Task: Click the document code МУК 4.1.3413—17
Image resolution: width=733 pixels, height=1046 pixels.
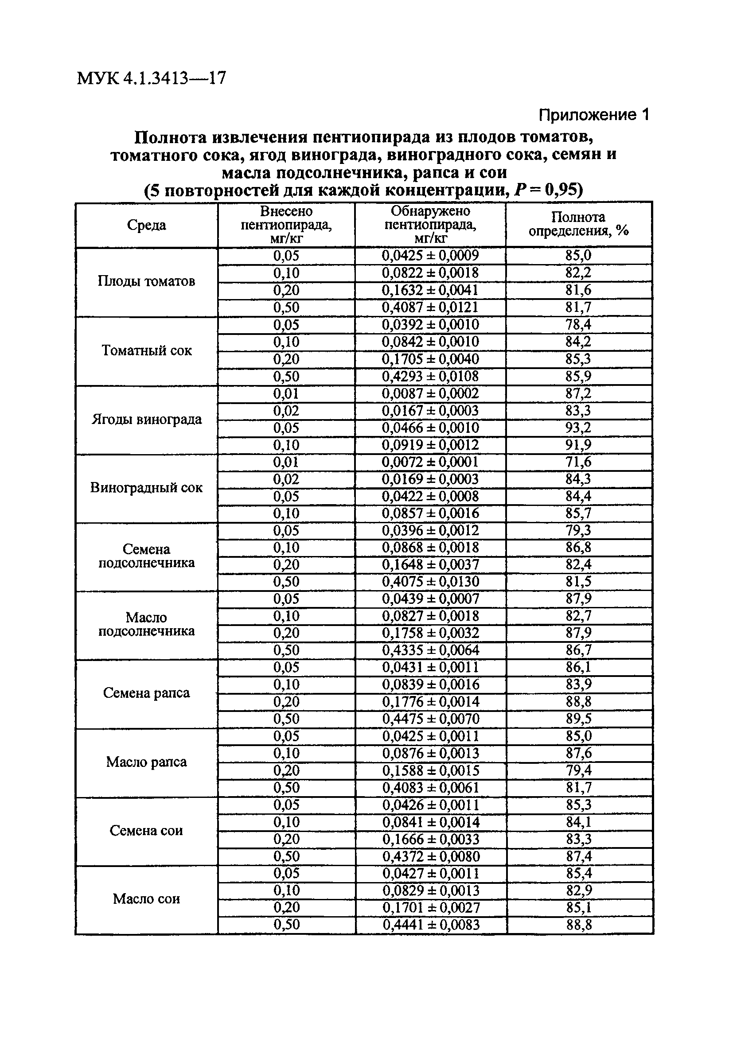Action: [151, 78]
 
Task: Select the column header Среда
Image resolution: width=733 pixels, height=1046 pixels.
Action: [146, 225]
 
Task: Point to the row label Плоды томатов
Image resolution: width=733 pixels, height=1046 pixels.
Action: [146, 281]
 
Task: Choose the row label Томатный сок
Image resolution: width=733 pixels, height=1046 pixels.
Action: [146, 351]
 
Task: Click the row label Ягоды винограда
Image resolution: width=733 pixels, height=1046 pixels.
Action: [146, 419]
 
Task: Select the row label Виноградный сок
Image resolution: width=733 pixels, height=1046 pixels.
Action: [146, 488]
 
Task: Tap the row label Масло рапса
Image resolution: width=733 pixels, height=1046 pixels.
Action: [146, 762]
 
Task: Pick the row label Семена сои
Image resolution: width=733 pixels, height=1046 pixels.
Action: [146, 831]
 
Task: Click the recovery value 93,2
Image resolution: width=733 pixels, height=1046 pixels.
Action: [578, 428]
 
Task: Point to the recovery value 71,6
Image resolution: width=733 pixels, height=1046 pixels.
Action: [578, 462]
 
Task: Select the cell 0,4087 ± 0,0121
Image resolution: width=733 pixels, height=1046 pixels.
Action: [430, 307]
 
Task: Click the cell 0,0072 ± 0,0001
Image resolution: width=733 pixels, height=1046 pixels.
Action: [430, 462]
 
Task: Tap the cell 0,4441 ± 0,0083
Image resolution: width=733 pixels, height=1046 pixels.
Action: [431, 925]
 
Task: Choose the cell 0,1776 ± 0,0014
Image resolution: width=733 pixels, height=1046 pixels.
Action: [431, 702]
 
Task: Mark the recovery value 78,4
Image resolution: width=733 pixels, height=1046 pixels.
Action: [578, 325]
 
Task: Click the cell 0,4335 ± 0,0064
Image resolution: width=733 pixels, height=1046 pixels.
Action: [431, 650]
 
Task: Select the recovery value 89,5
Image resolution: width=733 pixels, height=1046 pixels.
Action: [578, 719]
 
